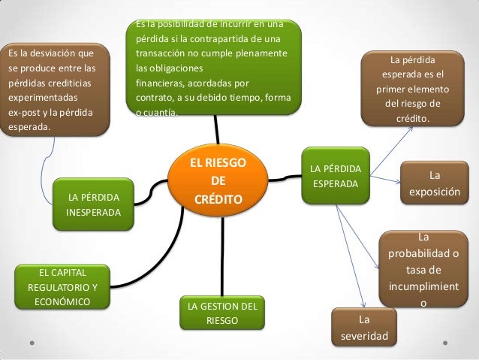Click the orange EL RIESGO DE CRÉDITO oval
pyautogui.click(x=218, y=181)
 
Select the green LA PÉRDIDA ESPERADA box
pyautogui.click(x=336, y=175)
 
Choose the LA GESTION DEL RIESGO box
pyautogui.click(x=221, y=313)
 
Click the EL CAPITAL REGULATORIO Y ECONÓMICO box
pyautogui.click(x=62, y=287)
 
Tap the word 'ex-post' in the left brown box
pyautogui.click(x=25, y=113)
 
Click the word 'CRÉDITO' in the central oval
pyautogui.click(x=218, y=199)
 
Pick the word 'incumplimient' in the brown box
pyautogui.click(x=423, y=287)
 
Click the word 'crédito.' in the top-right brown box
pyautogui.click(x=412, y=118)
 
